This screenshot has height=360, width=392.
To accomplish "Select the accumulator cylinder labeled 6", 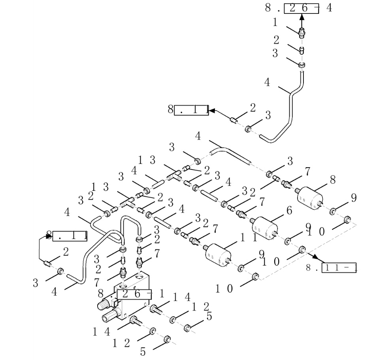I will coord(264,227).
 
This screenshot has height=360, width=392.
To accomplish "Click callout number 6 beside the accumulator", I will coord(289,211).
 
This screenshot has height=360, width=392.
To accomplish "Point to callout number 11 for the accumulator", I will coord(249,238).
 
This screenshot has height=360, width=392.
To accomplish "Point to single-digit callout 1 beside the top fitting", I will coord(275,23).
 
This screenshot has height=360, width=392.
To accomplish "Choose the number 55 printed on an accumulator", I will coord(257,228).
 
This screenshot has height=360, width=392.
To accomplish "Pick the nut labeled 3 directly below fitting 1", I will coord(302,64).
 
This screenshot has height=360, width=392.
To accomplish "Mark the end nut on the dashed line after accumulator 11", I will coord(256,276).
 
